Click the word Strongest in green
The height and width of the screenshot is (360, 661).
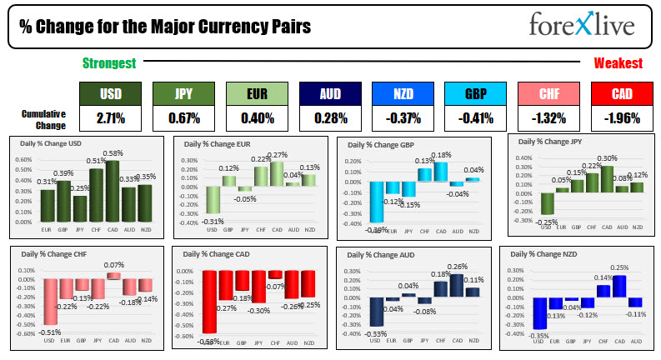pyautogui.click(x=109, y=63)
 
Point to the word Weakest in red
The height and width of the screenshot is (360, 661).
pyautogui.click(x=618, y=63)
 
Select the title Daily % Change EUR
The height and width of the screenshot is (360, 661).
pyautogui.click(x=218, y=144)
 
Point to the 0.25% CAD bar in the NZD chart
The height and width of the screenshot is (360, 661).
pyautogui.click(x=618, y=286)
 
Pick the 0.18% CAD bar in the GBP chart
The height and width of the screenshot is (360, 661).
pyautogui.click(x=441, y=172)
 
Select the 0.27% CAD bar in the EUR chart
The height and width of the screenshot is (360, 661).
pyautogui.click(x=277, y=173)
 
